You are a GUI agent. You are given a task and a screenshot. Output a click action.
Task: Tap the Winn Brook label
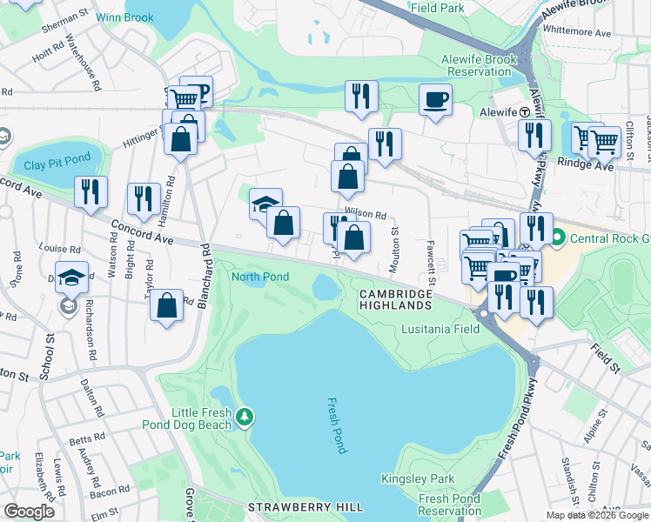pos(125,17)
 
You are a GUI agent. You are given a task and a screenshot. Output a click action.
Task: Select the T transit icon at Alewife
pos(525,112)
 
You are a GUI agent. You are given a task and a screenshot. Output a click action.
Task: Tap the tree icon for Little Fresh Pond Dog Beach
pos(246,418)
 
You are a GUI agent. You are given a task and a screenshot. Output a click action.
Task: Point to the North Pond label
pos(259,277)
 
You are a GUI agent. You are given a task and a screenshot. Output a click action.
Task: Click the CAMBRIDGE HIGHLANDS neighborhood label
pos(396,301)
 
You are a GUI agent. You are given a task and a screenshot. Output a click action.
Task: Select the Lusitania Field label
pos(440,330)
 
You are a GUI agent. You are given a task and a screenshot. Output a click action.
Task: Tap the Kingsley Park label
pos(418,478)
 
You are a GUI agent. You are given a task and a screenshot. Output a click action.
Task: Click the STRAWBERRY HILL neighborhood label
pos(303,506)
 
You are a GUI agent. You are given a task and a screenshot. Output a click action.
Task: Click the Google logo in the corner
pos(30,511)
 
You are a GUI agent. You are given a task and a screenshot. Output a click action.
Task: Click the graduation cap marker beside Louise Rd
pos(72,276)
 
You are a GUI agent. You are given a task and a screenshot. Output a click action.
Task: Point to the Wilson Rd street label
pos(366,213)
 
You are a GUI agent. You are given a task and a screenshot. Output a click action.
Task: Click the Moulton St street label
pos(394,244)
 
